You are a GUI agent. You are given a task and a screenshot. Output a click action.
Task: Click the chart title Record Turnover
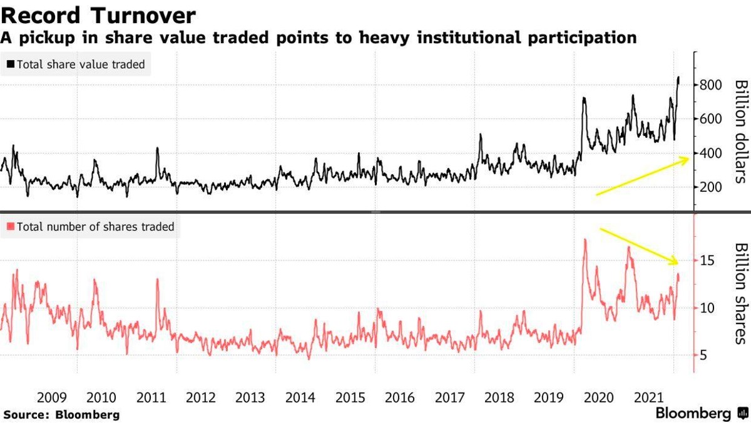tap(98, 14)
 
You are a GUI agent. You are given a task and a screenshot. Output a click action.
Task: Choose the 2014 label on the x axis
tap(300, 398)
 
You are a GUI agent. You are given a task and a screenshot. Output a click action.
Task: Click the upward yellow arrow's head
tap(687, 159)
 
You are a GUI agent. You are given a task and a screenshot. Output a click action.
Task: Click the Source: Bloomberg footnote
tap(61, 414)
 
